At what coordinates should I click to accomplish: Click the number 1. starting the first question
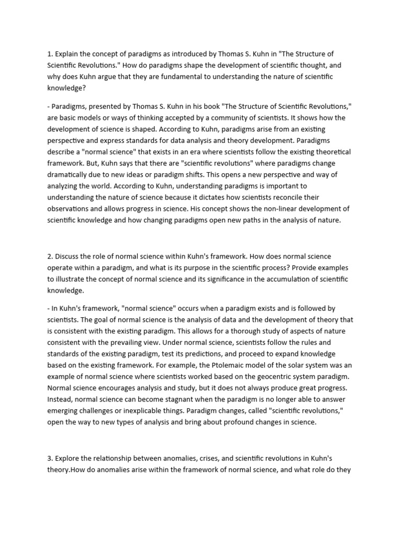[50, 53]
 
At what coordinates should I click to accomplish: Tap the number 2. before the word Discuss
[50, 256]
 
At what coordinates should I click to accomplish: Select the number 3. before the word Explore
[50, 444]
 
